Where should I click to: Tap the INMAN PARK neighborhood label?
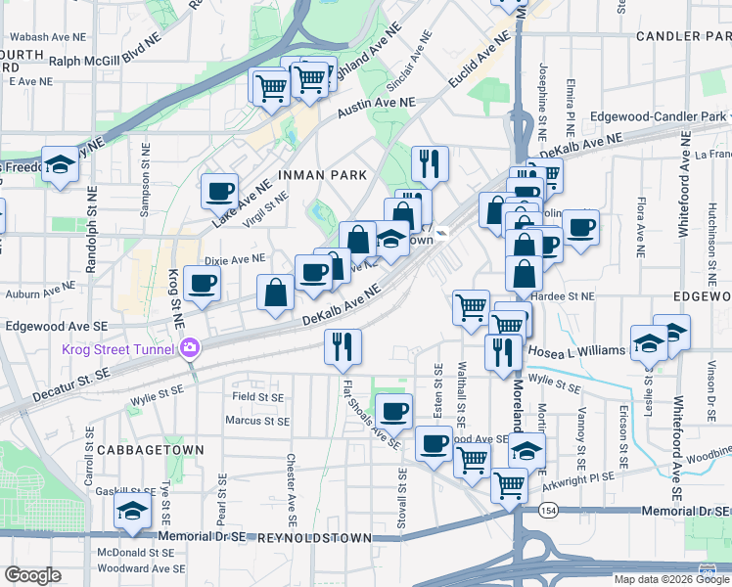coord(323,175)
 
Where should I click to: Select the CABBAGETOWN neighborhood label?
coord(159,450)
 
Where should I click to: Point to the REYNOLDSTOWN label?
coord(314,539)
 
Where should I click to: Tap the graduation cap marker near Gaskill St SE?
coord(133,511)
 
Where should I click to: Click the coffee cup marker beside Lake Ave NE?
coord(219,190)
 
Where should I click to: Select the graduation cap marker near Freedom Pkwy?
coord(61,163)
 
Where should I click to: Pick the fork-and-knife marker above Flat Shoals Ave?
coord(343,346)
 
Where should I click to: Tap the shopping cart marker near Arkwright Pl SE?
coord(510,484)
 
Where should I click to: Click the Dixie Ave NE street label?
coord(235,259)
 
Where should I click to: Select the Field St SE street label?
coord(257,397)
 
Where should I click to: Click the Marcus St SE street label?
coord(257,422)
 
